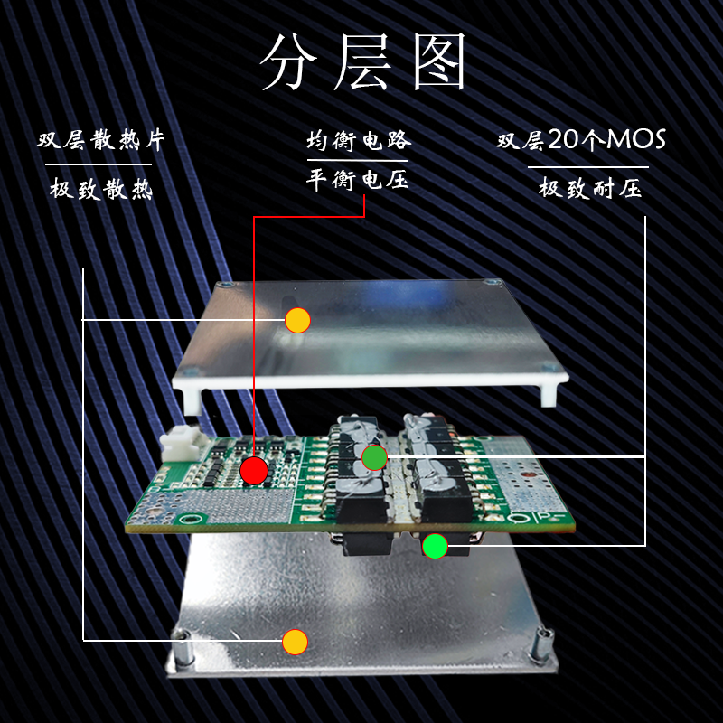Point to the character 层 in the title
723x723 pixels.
tap(363, 62)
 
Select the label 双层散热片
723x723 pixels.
tap(100, 141)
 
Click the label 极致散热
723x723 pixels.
tap(100, 190)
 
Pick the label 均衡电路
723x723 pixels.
tap(359, 141)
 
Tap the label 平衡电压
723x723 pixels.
tap(359, 180)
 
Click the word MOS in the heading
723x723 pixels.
tap(635, 141)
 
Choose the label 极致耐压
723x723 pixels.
tap(589, 190)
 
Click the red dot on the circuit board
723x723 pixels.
tap(254, 470)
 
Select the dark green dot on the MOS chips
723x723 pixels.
tap(374, 458)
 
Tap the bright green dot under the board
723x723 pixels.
tap(435, 546)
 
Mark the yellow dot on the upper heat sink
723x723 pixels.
tap(297, 320)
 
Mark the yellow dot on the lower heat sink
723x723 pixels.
tap(294, 642)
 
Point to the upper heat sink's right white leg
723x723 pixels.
tap(548, 394)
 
